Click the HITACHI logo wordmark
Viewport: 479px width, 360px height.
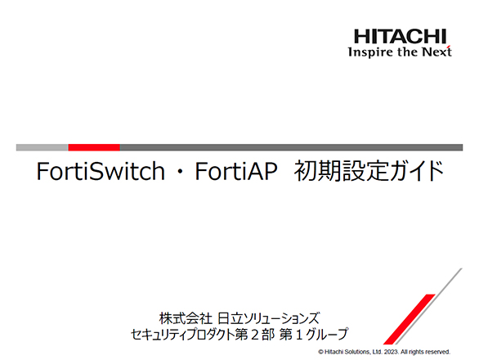401,36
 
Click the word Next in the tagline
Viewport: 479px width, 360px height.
436,52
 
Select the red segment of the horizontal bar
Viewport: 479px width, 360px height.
94,147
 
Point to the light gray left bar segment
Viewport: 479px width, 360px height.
43,147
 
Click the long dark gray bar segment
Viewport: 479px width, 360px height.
291,147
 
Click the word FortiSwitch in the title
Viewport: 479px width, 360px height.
101,171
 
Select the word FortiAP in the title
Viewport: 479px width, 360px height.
236,171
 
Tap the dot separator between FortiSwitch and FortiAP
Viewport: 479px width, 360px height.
180,172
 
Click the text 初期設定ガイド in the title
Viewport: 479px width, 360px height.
369,171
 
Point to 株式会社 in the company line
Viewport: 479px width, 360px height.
186,318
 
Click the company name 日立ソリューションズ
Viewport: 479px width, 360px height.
269,318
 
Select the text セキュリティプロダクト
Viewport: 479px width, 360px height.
182,334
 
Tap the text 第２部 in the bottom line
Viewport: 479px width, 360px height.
255,334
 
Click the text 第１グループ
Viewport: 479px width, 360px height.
314,334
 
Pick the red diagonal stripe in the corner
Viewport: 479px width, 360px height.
410,319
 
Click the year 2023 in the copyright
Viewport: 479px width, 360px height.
392,352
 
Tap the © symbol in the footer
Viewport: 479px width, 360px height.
320,352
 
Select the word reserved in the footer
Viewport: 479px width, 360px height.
439,352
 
